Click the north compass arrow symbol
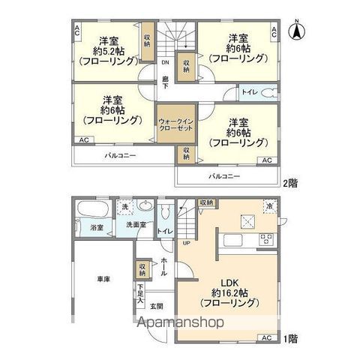(x=298, y=32)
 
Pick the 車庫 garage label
(x=103, y=279)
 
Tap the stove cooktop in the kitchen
(x=265, y=239)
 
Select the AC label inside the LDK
(x=266, y=337)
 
